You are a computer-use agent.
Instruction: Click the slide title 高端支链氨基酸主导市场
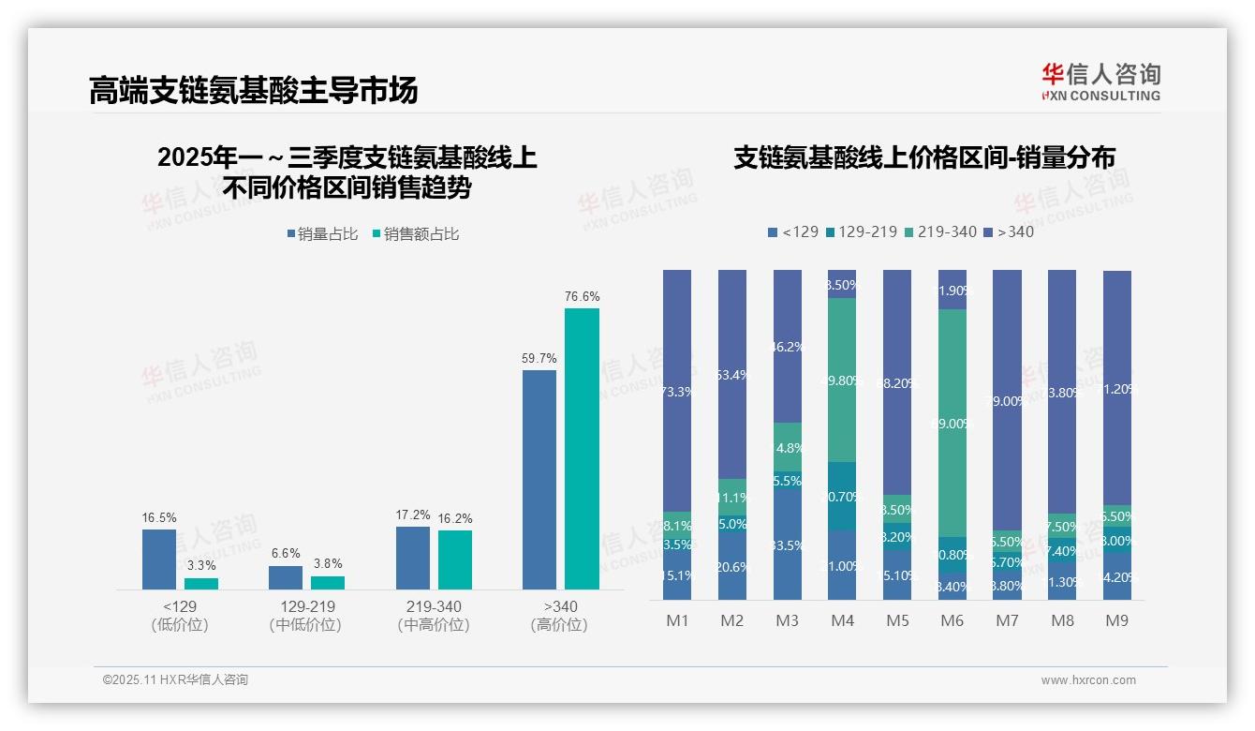(x=253, y=91)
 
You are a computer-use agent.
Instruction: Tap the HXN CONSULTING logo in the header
(x=1100, y=82)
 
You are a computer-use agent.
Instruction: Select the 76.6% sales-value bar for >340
(x=582, y=448)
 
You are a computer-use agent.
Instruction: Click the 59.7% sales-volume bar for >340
(x=539, y=479)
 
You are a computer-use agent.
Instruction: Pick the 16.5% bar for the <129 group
(x=159, y=559)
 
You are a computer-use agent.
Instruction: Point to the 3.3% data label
(x=201, y=565)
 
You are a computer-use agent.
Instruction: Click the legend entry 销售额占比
(x=416, y=234)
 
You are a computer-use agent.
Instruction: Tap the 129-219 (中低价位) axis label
(x=305, y=616)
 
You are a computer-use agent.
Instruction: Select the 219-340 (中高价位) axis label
(x=434, y=616)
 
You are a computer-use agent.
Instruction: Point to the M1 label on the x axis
(x=677, y=620)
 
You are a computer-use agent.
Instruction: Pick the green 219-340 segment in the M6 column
(x=952, y=423)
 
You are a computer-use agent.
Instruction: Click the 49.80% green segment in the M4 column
(x=843, y=380)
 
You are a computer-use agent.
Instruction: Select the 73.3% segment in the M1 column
(x=677, y=391)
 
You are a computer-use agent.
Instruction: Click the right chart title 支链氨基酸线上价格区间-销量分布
(x=923, y=158)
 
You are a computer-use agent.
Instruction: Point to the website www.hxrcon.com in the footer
(x=1088, y=680)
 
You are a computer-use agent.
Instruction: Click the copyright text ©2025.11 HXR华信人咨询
(x=175, y=680)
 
